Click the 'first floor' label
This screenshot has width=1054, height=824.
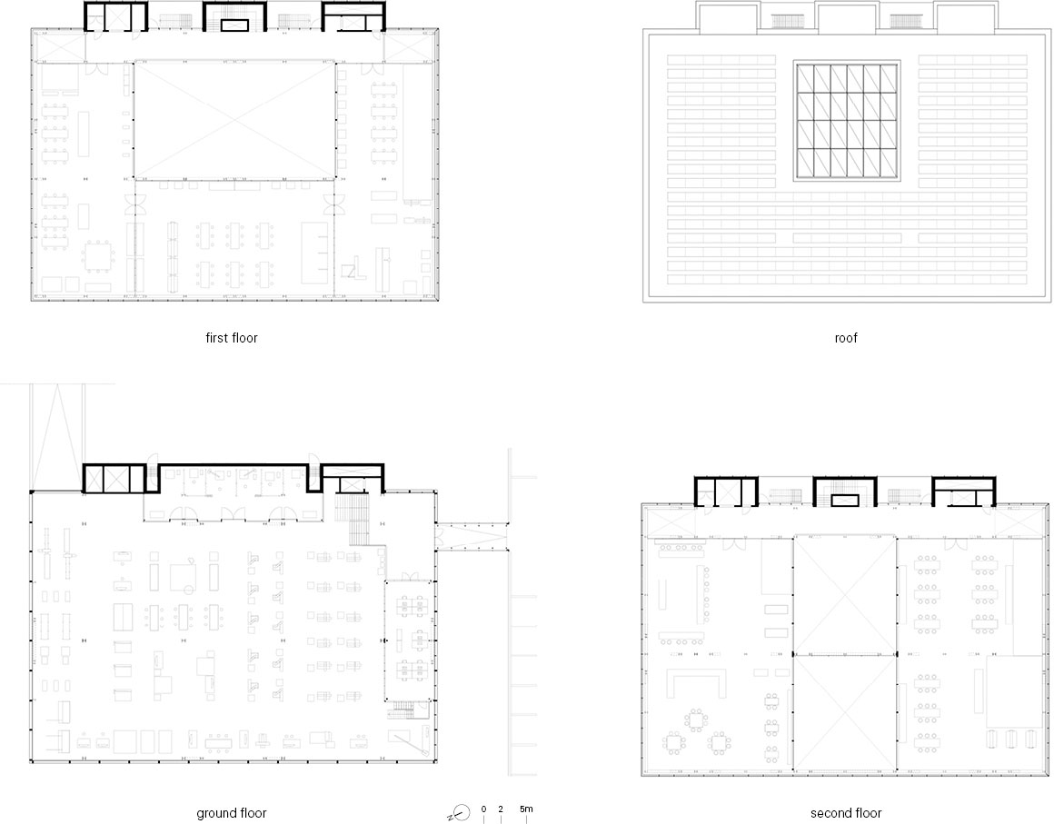click(231, 338)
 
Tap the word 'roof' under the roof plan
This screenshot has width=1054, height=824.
click(846, 338)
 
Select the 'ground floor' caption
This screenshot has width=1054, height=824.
click(231, 813)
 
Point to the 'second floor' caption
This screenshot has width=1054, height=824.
click(846, 813)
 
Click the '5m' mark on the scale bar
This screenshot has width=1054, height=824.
click(526, 809)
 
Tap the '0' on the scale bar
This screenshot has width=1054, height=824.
click(484, 809)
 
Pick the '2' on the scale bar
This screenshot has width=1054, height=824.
click(501, 809)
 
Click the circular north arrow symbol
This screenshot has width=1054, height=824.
click(461, 813)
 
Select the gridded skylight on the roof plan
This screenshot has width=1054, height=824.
click(847, 120)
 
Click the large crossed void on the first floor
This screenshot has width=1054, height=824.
click(234, 120)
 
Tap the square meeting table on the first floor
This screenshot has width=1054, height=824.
click(98, 257)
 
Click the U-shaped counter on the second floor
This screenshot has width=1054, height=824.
click(696, 681)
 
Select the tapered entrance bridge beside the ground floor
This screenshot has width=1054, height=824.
click(472, 536)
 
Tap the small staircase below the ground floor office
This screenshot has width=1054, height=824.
click(405, 710)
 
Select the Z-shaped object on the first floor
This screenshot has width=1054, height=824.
click(353, 270)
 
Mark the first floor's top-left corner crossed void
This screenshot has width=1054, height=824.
click(58, 46)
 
